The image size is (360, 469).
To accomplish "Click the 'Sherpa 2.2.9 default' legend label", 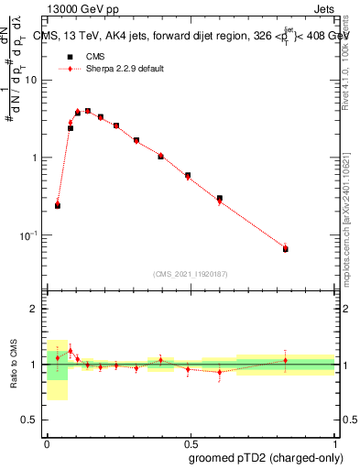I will click(x=125, y=69).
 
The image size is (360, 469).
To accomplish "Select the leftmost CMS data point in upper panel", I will click(x=58, y=206).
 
